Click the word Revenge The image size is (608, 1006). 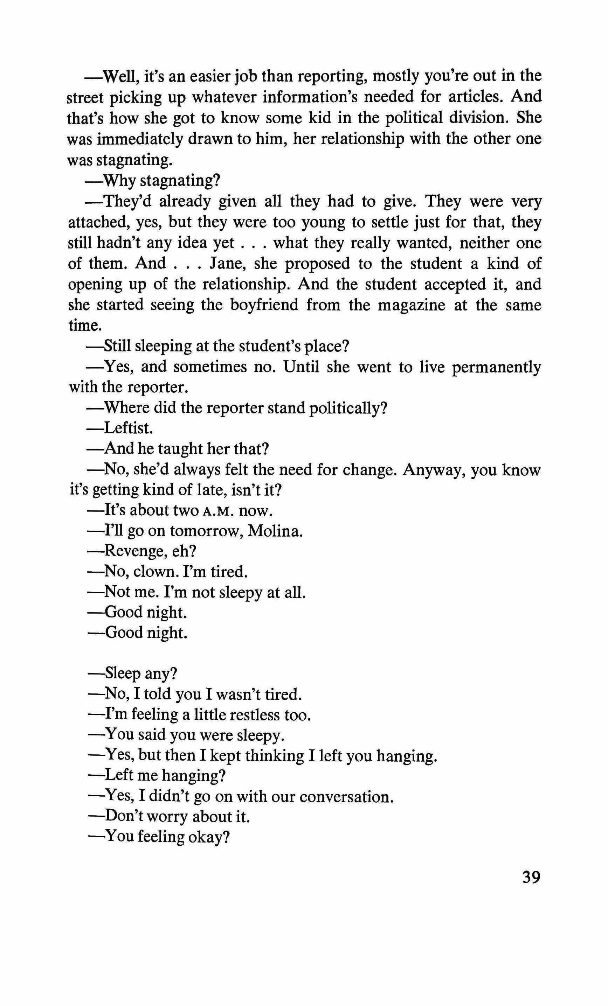pyautogui.click(x=135, y=551)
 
